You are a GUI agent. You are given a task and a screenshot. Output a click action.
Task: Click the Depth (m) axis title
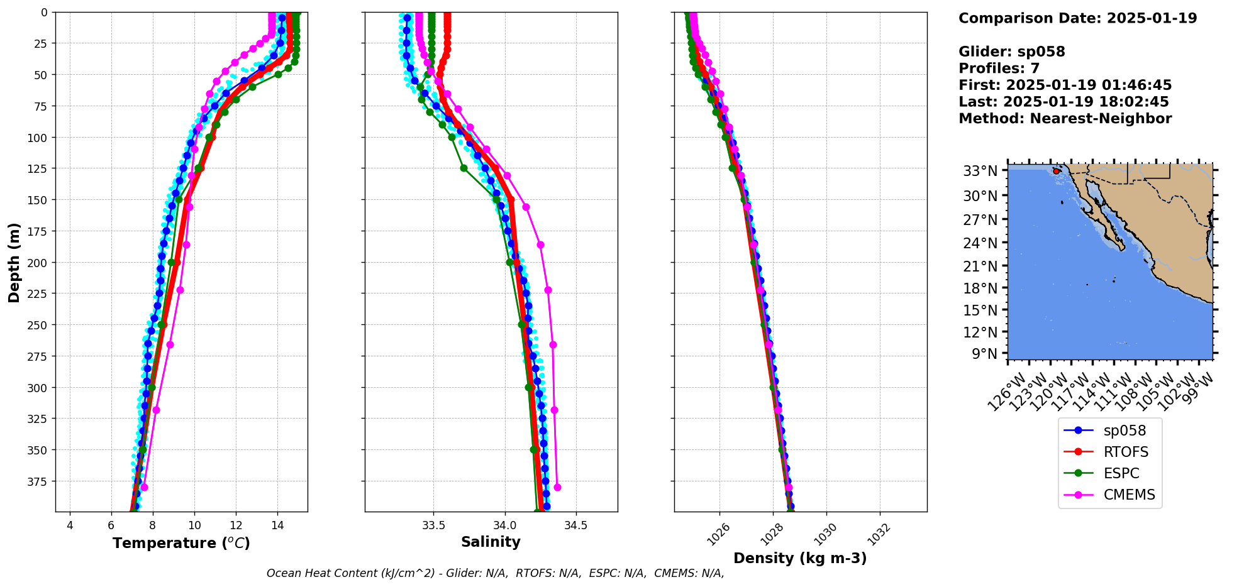[14, 262]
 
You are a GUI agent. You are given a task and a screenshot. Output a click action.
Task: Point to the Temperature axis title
[181, 543]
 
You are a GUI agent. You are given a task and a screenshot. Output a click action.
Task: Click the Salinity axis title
[491, 542]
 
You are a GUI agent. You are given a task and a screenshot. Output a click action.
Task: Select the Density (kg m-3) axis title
[800, 558]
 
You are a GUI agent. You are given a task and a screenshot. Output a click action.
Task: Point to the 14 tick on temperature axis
[277, 525]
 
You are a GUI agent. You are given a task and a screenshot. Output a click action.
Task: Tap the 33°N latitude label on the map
[980, 171]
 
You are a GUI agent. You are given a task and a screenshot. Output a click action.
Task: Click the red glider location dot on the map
[1056, 171]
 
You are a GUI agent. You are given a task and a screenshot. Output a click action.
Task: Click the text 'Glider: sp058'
[1011, 52]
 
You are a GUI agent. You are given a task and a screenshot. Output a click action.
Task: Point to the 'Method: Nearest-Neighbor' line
[1065, 119]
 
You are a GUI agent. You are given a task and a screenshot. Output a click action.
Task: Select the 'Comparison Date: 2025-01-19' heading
[1077, 18]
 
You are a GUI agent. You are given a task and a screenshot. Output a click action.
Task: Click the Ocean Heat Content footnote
[495, 573]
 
